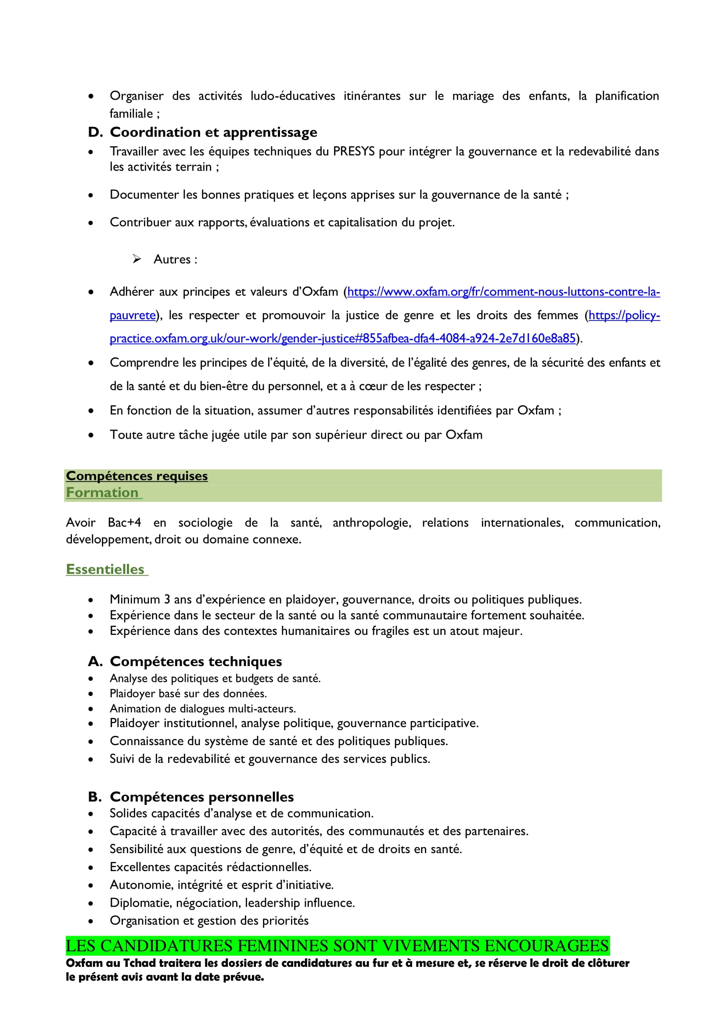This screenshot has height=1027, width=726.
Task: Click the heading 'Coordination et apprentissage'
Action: [213, 133]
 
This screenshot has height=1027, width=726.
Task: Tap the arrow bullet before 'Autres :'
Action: [137, 259]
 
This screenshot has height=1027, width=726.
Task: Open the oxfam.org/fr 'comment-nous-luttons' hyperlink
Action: [503, 292]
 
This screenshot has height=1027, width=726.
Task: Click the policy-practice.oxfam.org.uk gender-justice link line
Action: [342, 339]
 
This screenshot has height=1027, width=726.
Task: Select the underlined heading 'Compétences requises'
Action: [137, 476]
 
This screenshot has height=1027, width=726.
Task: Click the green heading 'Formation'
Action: [102, 493]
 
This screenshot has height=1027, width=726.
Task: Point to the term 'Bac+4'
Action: [124, 523]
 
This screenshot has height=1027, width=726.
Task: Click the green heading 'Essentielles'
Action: [105, 569]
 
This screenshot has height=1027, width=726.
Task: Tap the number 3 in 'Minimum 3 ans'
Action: [167, 599]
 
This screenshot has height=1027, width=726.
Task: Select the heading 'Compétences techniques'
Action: [196, 662]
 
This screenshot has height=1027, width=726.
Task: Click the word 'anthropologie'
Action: [371, 523]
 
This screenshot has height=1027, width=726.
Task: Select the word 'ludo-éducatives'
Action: [292, 96]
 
